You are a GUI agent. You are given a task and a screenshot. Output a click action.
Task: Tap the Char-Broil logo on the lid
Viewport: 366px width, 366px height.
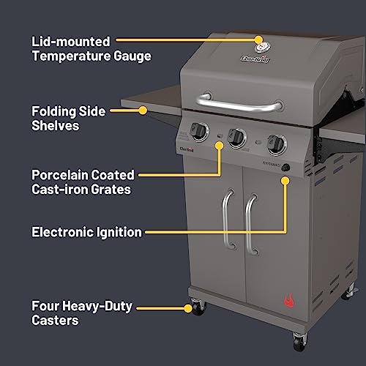coord(252,59)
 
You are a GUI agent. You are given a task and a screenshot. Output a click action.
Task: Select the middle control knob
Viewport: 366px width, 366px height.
coord(236,137)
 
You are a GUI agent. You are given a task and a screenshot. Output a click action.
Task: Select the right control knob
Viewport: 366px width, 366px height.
coord(275,143)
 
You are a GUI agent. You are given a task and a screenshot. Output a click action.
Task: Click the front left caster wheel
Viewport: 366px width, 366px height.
coord(197,328)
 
